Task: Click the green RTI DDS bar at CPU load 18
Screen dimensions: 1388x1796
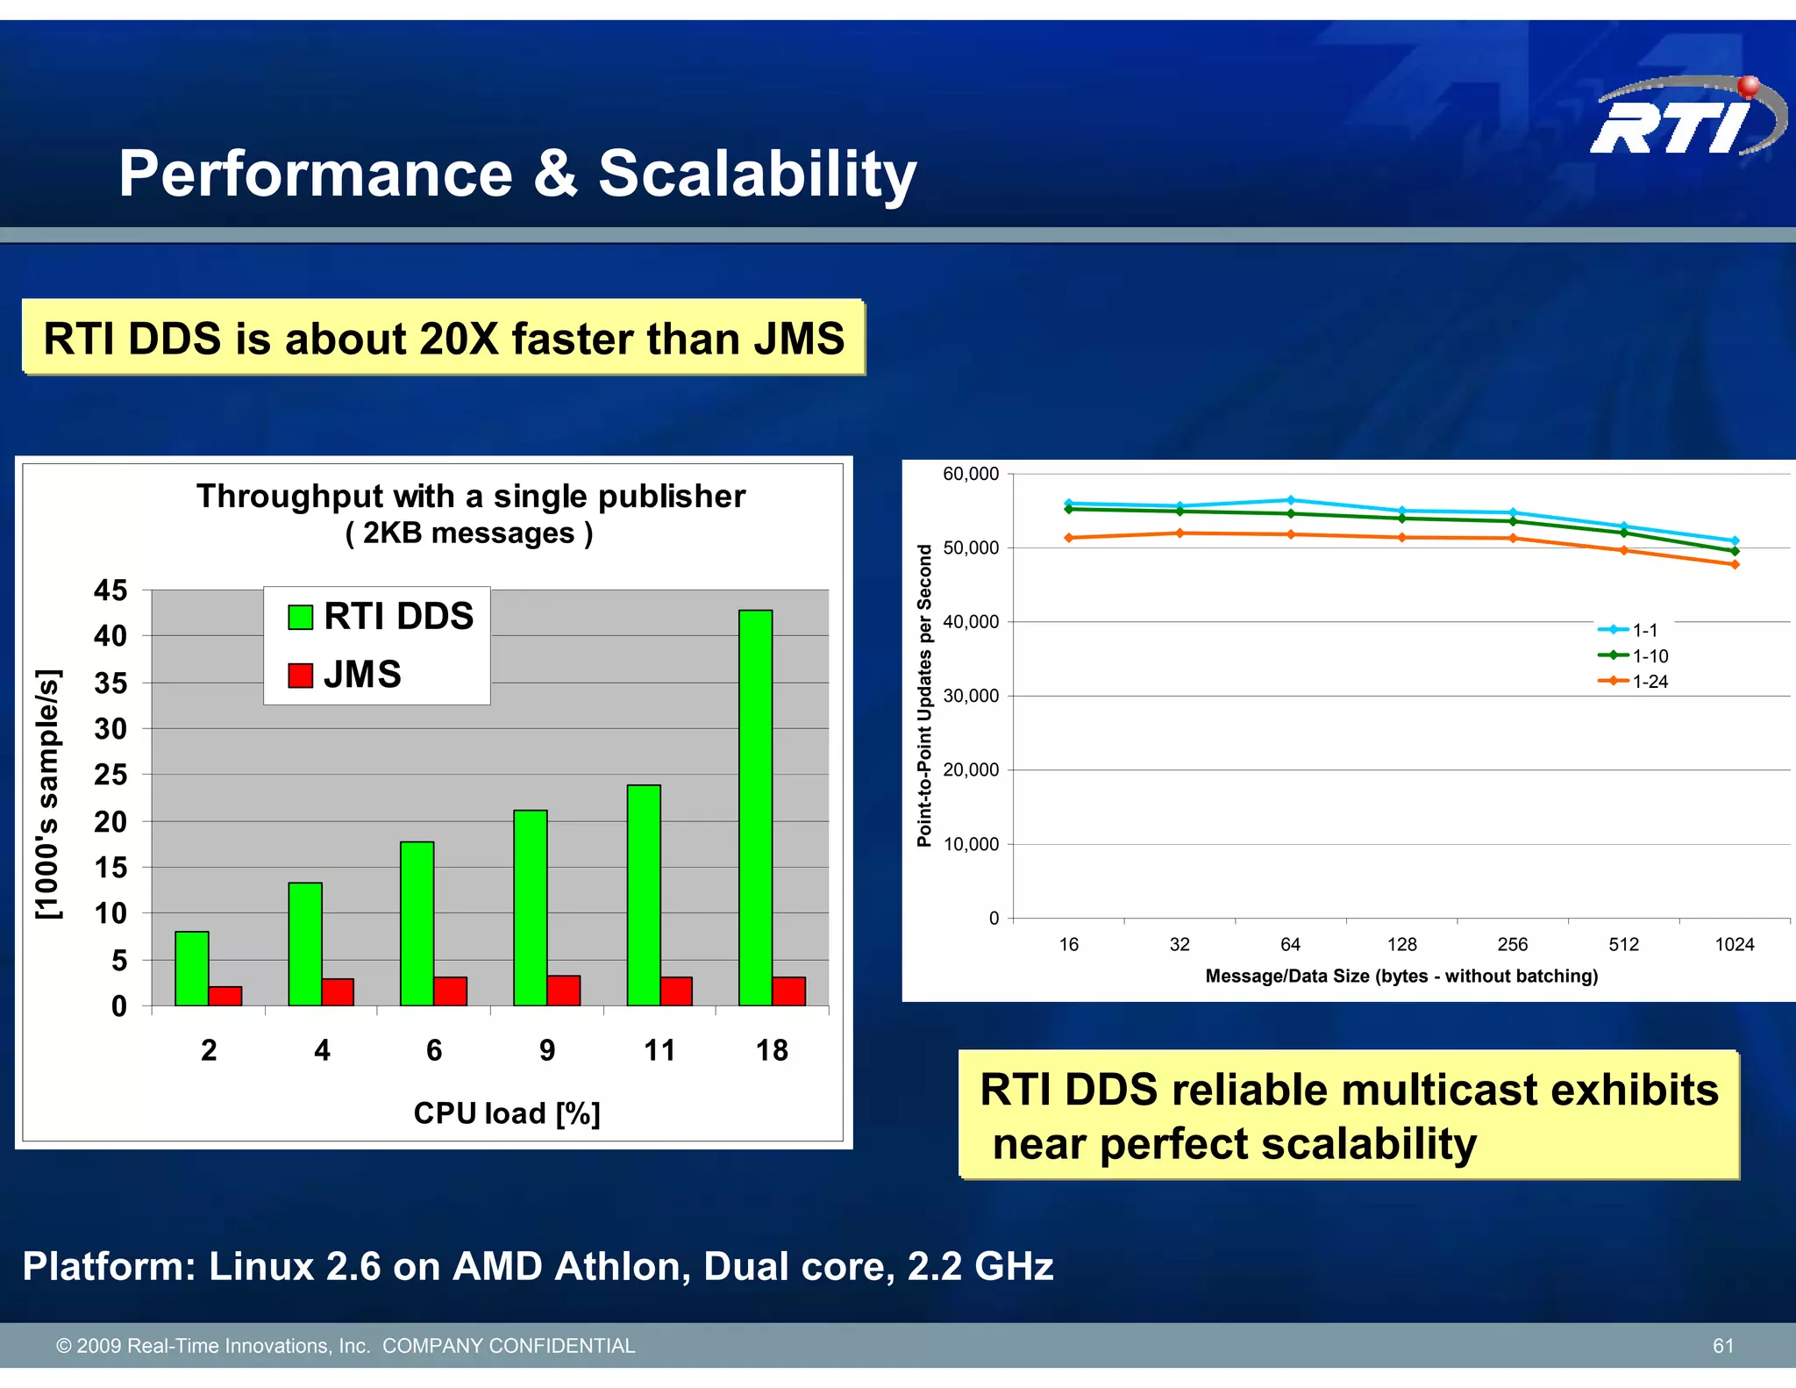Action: click(755, 807)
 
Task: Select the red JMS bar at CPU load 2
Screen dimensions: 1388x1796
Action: click(225, 996)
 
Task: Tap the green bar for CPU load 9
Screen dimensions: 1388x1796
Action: click(531, 908)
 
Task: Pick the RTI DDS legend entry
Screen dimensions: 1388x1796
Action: click(381, 617)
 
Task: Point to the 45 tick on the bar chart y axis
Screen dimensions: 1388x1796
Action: click(110, 590)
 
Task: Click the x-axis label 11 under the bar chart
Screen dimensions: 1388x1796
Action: click(659, 1050)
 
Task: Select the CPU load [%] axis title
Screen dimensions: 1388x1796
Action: click(507, 1113)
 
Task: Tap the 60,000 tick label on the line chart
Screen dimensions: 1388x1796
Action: click(970, 475)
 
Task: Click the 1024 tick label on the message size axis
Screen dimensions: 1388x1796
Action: click(1734, 945)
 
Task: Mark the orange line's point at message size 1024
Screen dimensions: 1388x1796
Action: click(1735, 564)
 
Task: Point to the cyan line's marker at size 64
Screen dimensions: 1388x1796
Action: click(1290, 500)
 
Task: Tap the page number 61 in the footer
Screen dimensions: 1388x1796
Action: click(1722, 1346)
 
